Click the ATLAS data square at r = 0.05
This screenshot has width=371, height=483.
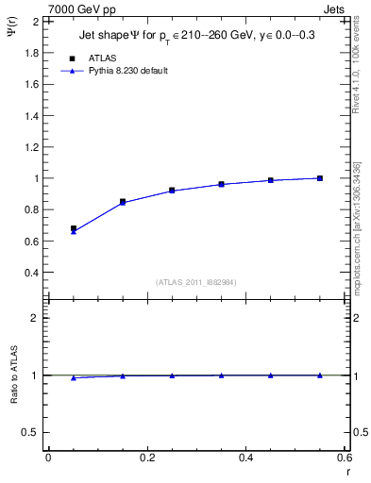(x=74, y=228)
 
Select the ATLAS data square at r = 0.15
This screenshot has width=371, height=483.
(x=123, y=202)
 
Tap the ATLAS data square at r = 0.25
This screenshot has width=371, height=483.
(x=172, y=190)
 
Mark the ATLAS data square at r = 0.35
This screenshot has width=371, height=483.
(x=222, y=184)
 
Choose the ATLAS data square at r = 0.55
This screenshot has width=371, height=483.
(x=320, y=178)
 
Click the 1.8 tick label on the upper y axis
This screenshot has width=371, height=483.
(x=32, y=52)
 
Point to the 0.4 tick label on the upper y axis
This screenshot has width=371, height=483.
(x=32, y=273)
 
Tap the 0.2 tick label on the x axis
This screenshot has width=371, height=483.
(x=146, y=457)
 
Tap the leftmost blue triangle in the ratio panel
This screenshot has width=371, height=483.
(x=74, y=377)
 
